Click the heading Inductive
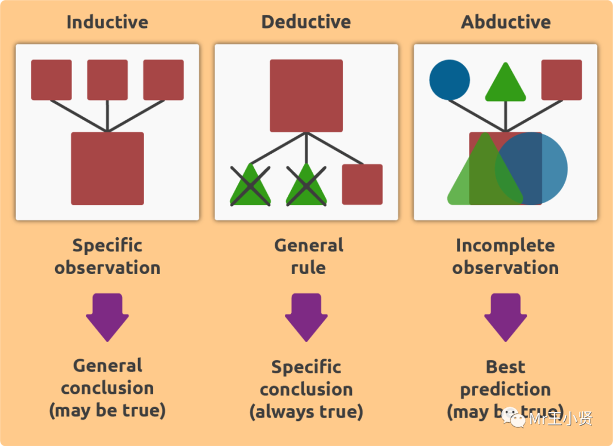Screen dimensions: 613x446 (x=107, y=22)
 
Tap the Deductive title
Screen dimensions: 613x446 (x=306, y=22)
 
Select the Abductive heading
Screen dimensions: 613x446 (x=506, y=22)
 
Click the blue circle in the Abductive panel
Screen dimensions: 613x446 (x=450, y=80)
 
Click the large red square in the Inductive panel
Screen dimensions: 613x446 (x=107, y=168)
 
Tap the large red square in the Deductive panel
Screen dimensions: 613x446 (x=306, y=95)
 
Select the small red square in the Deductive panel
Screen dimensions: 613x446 (x=362, y=184)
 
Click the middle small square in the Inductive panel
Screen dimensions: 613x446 (x=107, y=80)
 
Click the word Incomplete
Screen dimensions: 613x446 (x=505, y=246)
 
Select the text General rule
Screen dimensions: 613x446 (x=308, y=256)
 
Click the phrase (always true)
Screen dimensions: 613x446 (x=306, y=411)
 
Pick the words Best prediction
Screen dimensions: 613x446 (x=505, y=378)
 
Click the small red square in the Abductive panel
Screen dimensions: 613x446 (x=561, y=80)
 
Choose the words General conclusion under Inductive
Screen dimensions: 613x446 (x=107, y=377)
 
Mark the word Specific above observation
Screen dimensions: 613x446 (x=107, y=246)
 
